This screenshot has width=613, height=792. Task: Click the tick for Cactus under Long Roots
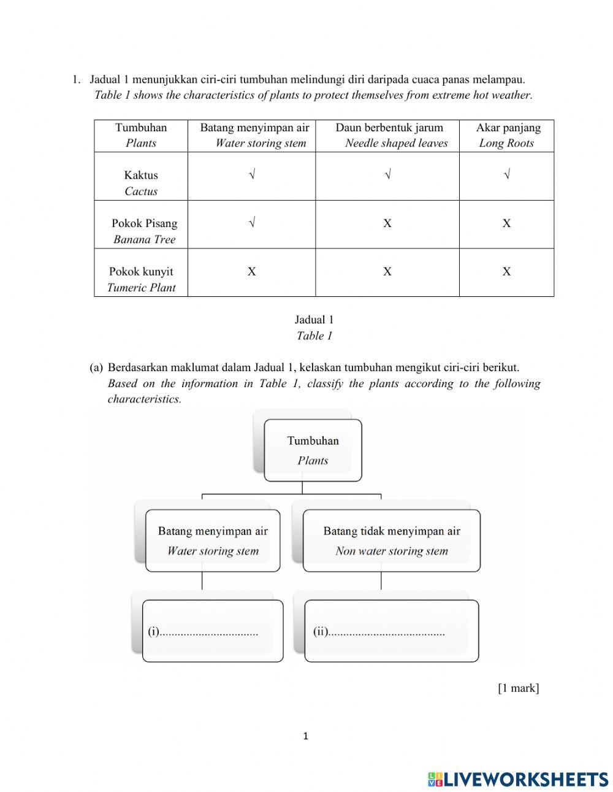point(507,175)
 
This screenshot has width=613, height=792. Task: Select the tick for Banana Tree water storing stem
point(252,223)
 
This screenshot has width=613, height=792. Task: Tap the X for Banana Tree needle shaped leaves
point(387,223)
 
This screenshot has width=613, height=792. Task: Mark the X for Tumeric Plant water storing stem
point(252,271)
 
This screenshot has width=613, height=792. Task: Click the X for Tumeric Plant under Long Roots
point(506,271)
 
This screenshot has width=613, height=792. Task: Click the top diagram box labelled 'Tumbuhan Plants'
point(313,450)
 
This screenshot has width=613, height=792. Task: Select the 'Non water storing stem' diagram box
point(392,540)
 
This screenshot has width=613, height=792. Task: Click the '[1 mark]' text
point(518,688)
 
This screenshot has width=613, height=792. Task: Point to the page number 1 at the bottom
point(306,736)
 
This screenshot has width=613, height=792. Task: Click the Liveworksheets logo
point(518,779)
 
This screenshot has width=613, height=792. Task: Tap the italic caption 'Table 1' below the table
point(314,336)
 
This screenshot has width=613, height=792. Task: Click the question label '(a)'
point(96,367)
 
